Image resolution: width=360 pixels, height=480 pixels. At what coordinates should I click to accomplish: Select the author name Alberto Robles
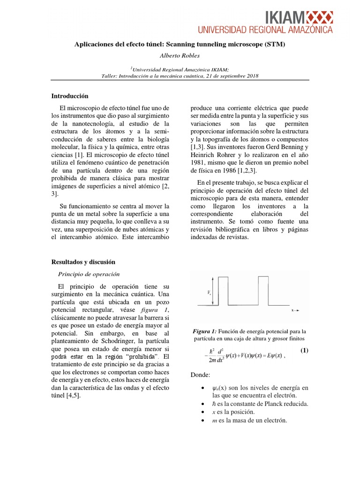coord(180,55)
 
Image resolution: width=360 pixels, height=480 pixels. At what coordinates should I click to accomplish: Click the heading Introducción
coord(70,96)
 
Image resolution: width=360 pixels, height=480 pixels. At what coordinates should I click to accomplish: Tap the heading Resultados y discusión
coord(83,262)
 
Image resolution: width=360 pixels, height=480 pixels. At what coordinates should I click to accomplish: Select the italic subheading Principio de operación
coord(89,274)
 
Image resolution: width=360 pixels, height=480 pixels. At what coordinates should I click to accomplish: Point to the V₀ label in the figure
coord(209,292)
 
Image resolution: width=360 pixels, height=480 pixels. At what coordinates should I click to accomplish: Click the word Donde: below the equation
coord(202,375)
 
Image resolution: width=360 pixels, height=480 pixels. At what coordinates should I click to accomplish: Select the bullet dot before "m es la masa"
coord(202,420)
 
